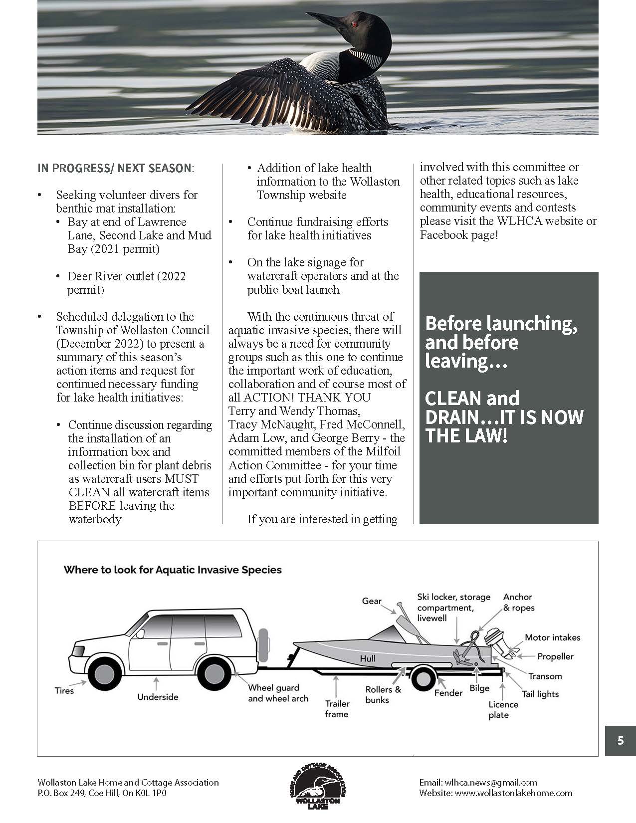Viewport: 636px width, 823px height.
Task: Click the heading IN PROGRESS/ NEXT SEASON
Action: [x=114, y=168]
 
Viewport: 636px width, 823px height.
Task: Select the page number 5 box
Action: [x=620, y=741]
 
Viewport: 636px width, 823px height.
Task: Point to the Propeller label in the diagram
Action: [x=555, y=657]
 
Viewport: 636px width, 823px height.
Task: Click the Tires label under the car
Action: [x=64, y=691]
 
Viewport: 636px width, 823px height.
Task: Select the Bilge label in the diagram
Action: [x=479, y=688]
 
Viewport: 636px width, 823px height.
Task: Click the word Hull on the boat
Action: [x=368, y=658]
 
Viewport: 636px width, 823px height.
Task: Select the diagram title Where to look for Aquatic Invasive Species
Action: [x=173, y=570]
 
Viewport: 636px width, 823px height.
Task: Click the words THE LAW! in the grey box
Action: [x=466, y=436]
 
